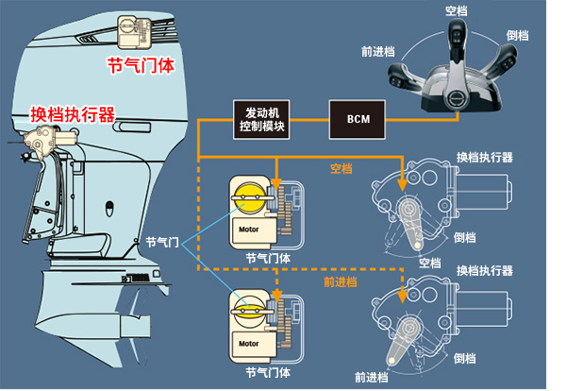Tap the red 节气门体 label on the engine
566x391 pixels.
click(141, 65)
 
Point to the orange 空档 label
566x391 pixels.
click(341, 168)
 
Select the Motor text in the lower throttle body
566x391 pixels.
click(249, 342)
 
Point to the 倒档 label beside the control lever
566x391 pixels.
click(517, 36)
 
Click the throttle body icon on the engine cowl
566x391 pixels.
click(135, 34)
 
